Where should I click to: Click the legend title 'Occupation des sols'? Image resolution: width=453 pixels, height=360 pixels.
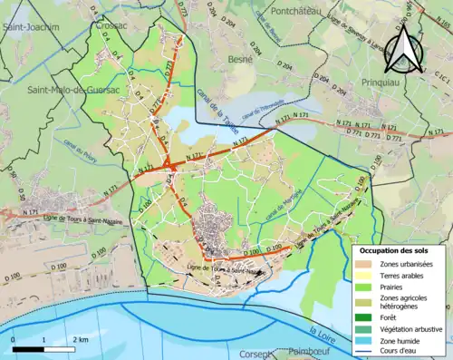tap(398, 249)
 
